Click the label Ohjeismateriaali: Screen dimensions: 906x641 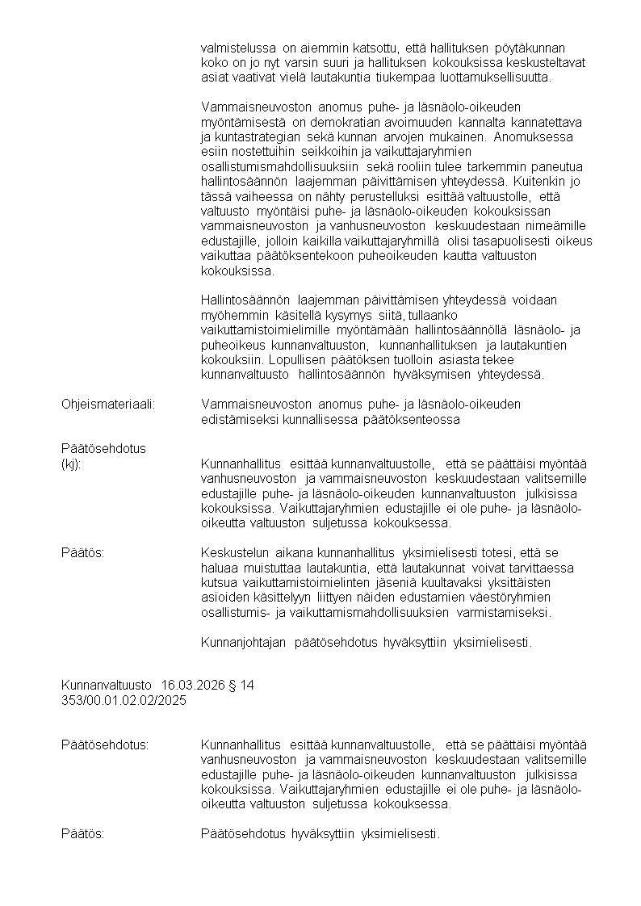point(108,403)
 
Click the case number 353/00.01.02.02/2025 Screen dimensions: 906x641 point(124,700)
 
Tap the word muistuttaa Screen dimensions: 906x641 point(259,568)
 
